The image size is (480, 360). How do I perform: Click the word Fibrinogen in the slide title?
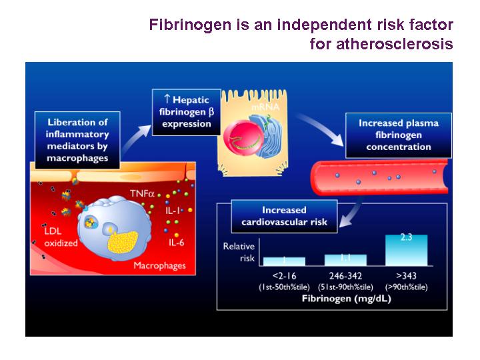[x=190, y=25]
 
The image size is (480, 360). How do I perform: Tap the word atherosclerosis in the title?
[x=395, y=43]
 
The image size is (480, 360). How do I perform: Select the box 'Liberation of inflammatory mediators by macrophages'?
[x=77, y=140]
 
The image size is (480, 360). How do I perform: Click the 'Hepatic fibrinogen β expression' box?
[x=187, y=112]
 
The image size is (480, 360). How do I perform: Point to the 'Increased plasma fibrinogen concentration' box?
[x=399, y=135]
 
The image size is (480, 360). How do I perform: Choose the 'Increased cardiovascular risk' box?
[x=284, y=216]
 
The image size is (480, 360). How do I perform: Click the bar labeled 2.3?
[x=406, y=250]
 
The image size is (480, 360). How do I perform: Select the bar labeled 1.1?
[x=345, y=260]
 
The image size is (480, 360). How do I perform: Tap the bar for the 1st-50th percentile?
[x=284, y=261]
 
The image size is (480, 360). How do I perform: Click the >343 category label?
[x=406, y=276]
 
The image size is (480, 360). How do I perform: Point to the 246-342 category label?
[x=345, y=276]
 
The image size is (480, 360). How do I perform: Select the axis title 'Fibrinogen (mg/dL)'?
[x=346, y=299]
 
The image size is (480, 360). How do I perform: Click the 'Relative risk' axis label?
[x=239, y=252]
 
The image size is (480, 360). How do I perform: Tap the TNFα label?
[x=142, y=193]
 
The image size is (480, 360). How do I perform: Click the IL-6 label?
[x=176, y=243]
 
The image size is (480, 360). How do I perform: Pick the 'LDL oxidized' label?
[x=61, y=237]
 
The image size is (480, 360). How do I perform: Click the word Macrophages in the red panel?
[x=159, y=265]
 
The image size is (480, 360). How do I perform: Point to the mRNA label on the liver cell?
[x=265, y=107]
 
